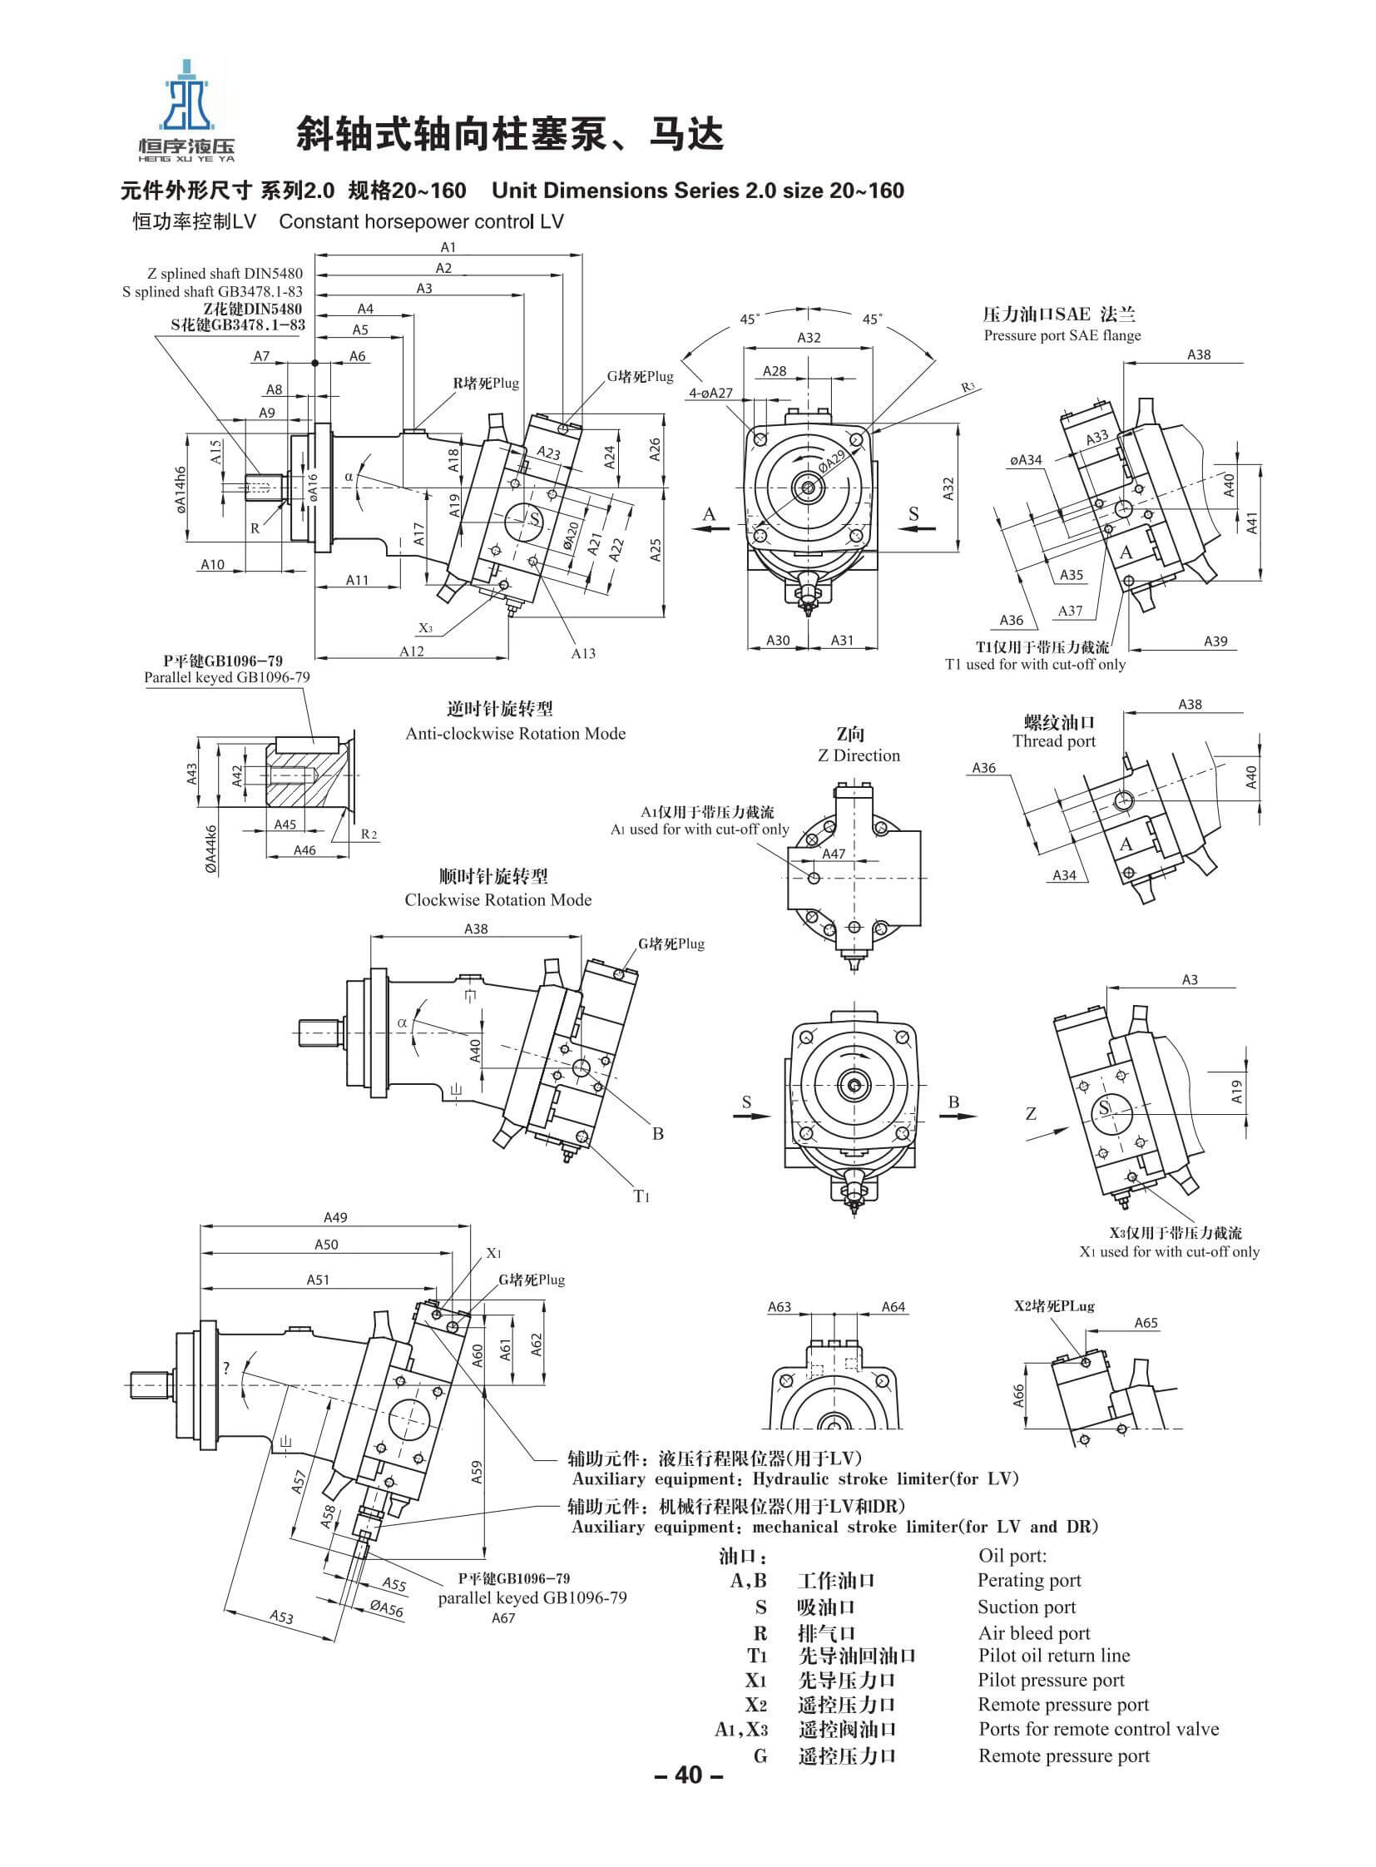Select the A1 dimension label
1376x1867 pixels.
(x=448, y=246)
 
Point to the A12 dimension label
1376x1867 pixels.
(x=412, y=651)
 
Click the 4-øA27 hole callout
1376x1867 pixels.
(x=710, y=393)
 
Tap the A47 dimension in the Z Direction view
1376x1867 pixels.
(x=834, y=854)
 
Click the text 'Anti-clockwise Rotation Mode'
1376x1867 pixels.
(x=515, y=734)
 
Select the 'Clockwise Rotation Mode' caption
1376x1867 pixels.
(x=498, y=899)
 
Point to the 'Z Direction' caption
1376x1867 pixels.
(x=859, y=755)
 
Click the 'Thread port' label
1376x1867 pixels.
(x=1054, y=741)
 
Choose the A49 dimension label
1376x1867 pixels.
(x=334, y=1217)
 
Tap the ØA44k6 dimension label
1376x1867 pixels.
(x=211, y=849)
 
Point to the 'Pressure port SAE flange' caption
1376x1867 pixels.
(x=1062, y=336)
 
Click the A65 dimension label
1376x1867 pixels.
(x=1146, y=1322)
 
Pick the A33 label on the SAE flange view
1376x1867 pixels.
(x=1097, y=438)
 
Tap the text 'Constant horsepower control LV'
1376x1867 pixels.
(x=422, y=221)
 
